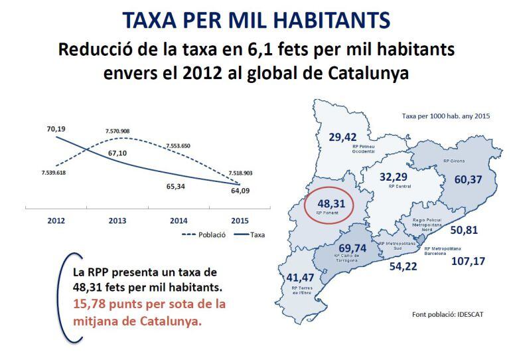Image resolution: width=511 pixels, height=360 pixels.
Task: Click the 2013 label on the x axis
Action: click(x=116, y=221)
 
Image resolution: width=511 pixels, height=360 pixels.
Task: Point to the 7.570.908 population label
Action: click(x=117, y=132)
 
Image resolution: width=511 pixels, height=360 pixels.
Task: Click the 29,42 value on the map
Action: click(x=342, y=137)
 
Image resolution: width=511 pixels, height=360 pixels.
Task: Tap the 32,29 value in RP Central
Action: click(x=393, y=177)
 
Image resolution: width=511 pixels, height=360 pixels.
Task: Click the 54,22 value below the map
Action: click(x=403, y=266)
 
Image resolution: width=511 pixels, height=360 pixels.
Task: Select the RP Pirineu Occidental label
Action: click(x=362, y=147)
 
